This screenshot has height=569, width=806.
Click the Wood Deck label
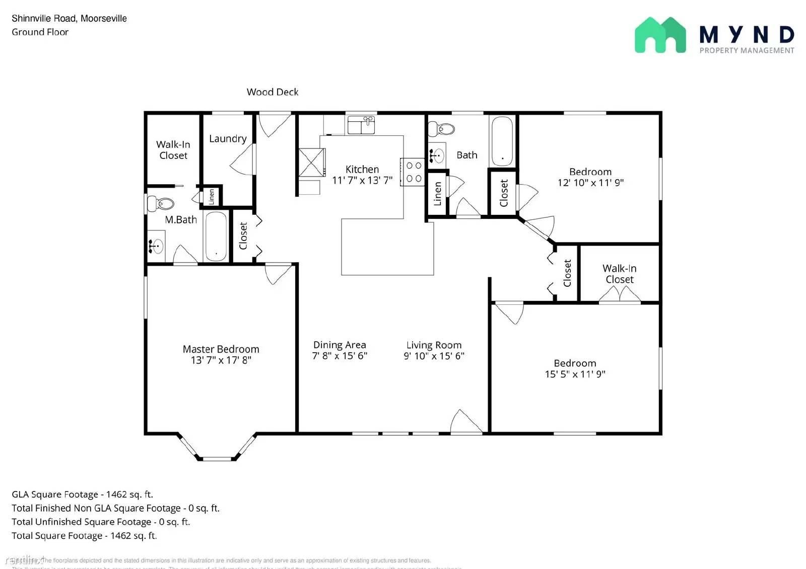[272, 92]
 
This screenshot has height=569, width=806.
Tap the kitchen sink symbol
[361, 124]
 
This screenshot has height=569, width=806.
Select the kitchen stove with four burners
[413, 172]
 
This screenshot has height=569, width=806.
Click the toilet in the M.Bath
[161, 203]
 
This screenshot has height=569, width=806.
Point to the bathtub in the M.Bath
[216, 236]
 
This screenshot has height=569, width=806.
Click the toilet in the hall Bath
[441, 129]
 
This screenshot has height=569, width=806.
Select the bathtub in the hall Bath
[502, 141]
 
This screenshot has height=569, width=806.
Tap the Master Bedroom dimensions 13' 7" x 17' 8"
[221, 360]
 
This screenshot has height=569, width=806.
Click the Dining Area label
[340, 345]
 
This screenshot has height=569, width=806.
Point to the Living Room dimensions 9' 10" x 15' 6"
[434, 356]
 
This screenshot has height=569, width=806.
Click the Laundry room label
[228, 138]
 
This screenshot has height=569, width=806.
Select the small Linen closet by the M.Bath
[212, 196]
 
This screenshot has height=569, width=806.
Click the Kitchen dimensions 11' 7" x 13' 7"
[362, 181]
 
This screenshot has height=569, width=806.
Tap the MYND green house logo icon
[660, 35]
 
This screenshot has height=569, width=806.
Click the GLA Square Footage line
[82, 495]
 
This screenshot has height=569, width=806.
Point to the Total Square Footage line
[84, 536]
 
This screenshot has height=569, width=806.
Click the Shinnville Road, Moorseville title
[69, 19]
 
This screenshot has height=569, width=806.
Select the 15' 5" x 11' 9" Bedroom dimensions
[575, 374]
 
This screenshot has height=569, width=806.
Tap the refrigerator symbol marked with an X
[311, 162]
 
